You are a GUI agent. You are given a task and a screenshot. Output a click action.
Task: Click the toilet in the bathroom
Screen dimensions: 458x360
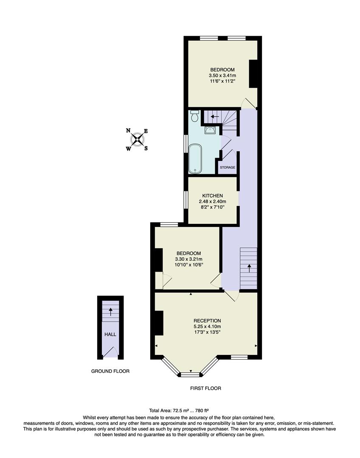[195, 116]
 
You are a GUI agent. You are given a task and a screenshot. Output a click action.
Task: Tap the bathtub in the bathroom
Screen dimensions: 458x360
[195, 159]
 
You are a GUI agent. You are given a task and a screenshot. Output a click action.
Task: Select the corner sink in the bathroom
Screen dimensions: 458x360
[210, 131]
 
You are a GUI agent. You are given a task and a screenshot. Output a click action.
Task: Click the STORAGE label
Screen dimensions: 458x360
[228, 168]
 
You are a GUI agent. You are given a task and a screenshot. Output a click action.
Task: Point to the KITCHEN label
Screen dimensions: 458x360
[212, 195]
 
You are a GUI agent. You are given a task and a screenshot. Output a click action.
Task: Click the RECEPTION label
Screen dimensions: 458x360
[207, 321]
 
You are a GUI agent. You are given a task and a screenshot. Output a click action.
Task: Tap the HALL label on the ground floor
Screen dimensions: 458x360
[110, 334]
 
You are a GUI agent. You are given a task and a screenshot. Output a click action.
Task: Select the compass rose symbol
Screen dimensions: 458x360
[137, 140]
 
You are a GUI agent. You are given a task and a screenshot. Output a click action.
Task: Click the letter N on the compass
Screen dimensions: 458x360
[128, 131]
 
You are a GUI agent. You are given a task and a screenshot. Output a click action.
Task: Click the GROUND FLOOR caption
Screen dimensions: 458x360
[110, 371]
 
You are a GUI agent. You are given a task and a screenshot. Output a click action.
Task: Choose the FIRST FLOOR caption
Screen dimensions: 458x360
[205, 388]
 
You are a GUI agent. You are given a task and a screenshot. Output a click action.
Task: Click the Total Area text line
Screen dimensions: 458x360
[179, 411]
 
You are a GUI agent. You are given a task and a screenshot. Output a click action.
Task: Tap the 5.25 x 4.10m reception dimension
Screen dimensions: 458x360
[207, 327]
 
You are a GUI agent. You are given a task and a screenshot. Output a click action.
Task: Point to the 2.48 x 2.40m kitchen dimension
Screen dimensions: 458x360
[212, 201]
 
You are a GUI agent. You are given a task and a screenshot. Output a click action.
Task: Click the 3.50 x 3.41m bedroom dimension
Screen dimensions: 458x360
[222, 76]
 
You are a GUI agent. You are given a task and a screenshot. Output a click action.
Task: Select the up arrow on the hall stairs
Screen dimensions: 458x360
[111, 312]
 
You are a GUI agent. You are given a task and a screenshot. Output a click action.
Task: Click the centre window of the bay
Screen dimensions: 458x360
[190, 374]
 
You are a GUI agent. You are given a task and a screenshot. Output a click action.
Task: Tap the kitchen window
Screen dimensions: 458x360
[186, 199]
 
